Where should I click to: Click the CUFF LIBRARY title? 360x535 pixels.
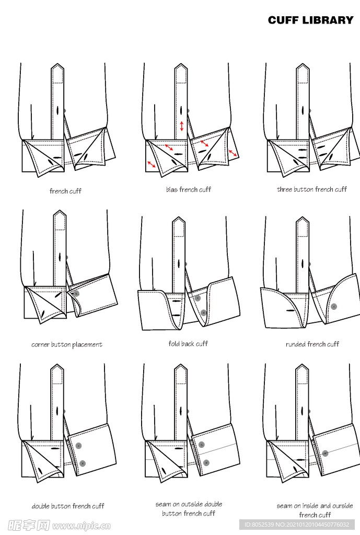[x=310, y=20]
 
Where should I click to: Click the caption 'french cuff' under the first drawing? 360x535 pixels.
[x=65, y=191]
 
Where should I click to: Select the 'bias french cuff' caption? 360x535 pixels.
[x=189, y=189]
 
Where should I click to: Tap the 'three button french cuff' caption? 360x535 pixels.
[x=312, y=189]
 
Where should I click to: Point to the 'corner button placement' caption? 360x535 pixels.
[x=67, y=345]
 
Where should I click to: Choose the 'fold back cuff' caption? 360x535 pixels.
[x=188, y=344]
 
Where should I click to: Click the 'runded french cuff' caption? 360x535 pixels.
[x=312, y=344]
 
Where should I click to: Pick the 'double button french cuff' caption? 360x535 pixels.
[x=68, y=506]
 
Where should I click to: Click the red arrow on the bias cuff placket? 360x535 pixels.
[x=182, y=126]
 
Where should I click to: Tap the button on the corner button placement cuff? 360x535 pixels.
[x=76, y=294]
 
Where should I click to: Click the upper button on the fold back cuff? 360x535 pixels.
[x=197, y=298]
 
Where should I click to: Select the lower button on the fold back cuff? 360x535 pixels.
[x=203, y=312]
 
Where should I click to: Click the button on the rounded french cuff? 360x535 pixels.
[x=334, y=307]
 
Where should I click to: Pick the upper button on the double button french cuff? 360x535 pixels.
[x=79, y=446]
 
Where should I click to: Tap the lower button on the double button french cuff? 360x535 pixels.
[x=82, y=463]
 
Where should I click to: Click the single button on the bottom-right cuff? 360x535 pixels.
[x=325, y=453]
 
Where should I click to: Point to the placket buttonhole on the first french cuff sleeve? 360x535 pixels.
[x=58, y=110]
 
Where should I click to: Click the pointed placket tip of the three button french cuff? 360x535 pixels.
[x=303, y=64]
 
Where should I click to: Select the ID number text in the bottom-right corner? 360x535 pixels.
[x=297, y=525]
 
